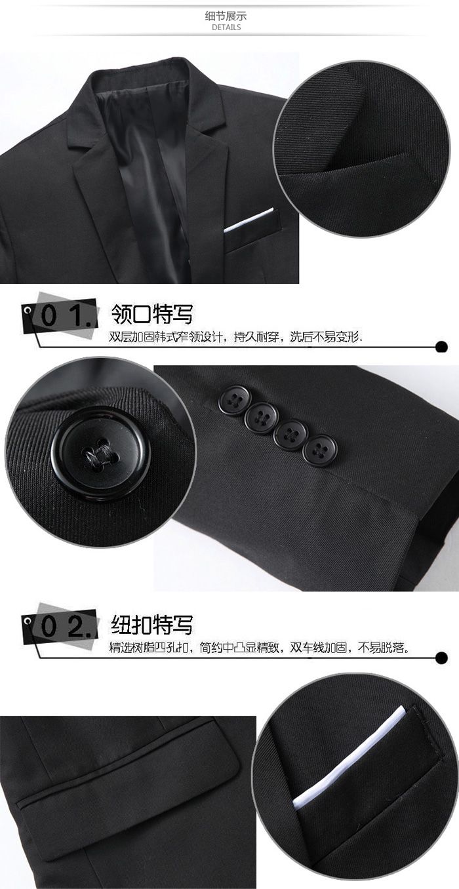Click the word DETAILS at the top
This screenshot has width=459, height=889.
click(227, 28)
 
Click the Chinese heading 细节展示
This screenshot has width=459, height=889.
click(227, 16)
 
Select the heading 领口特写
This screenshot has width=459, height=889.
click(153, 313)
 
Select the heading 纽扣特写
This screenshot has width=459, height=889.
click(153, 623)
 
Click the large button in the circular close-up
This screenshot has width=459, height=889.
click(100, 453)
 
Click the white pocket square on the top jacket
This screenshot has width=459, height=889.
click(249, 222)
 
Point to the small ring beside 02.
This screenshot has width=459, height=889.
click(29, 620)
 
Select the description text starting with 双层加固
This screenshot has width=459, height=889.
click(236, 338)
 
